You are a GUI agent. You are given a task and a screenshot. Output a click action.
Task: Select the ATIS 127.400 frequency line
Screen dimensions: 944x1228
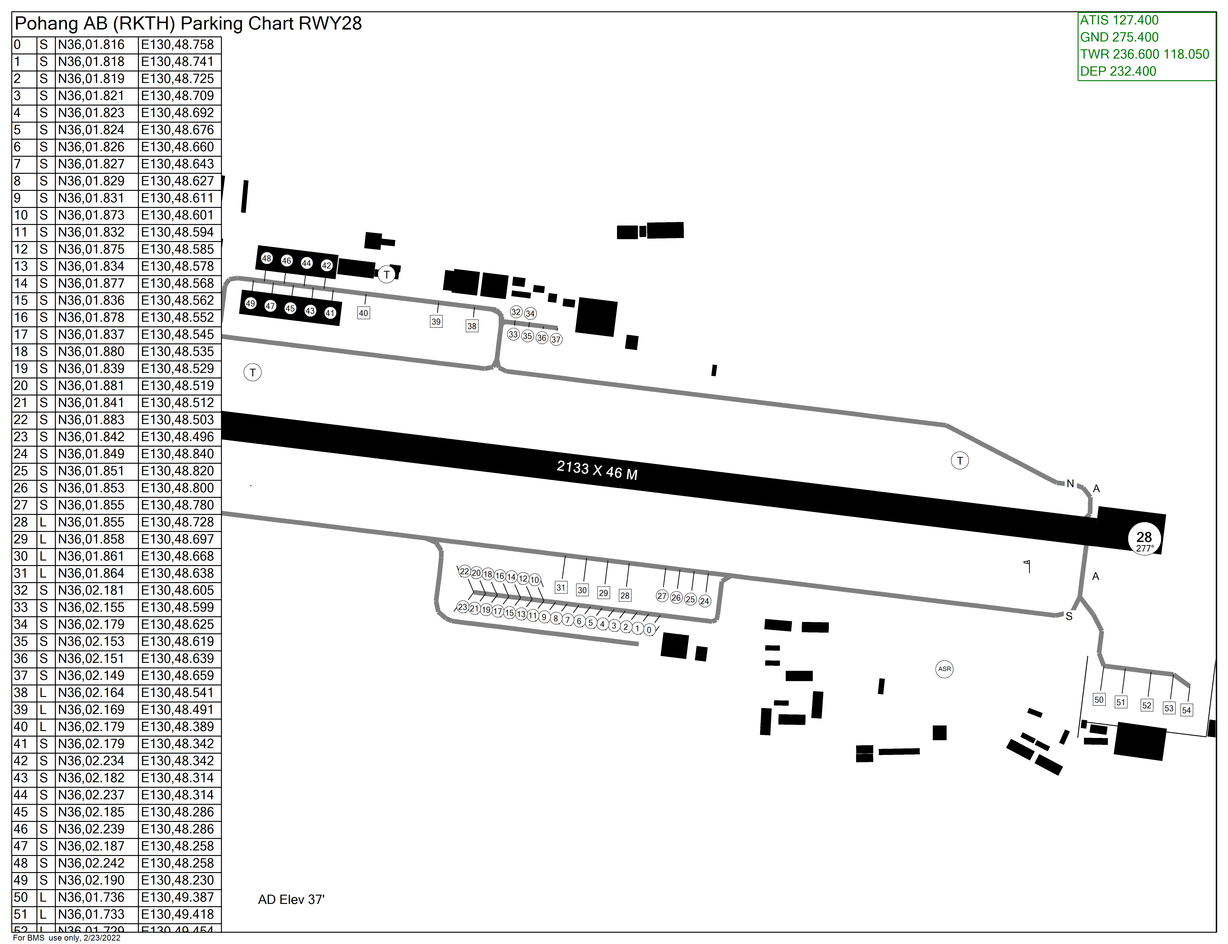(x=1119, y=20)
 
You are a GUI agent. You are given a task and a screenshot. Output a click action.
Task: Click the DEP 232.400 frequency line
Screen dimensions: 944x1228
(x=1118, y=71)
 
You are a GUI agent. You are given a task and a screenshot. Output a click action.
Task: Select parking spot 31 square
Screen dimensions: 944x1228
(x=560, y=587)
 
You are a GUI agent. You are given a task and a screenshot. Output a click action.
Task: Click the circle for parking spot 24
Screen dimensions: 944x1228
(x=704, y=601)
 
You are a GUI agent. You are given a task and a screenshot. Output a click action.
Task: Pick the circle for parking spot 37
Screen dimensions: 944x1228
(x=556, y=339)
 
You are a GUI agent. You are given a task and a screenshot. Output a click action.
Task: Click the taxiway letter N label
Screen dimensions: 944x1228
(x=1070, y=483)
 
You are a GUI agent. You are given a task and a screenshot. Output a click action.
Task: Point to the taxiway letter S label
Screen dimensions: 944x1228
(x=1069, y=617)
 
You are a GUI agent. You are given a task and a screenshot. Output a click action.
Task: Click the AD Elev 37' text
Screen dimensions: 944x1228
(x=291, y=900)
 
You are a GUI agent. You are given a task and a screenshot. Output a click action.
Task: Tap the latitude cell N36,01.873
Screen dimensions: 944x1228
(x=91, y=215)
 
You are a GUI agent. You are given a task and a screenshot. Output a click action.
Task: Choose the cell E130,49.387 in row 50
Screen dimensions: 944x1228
(x=178, y=897)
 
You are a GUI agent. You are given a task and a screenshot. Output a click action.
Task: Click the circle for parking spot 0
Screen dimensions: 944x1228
(x=649, y=630)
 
